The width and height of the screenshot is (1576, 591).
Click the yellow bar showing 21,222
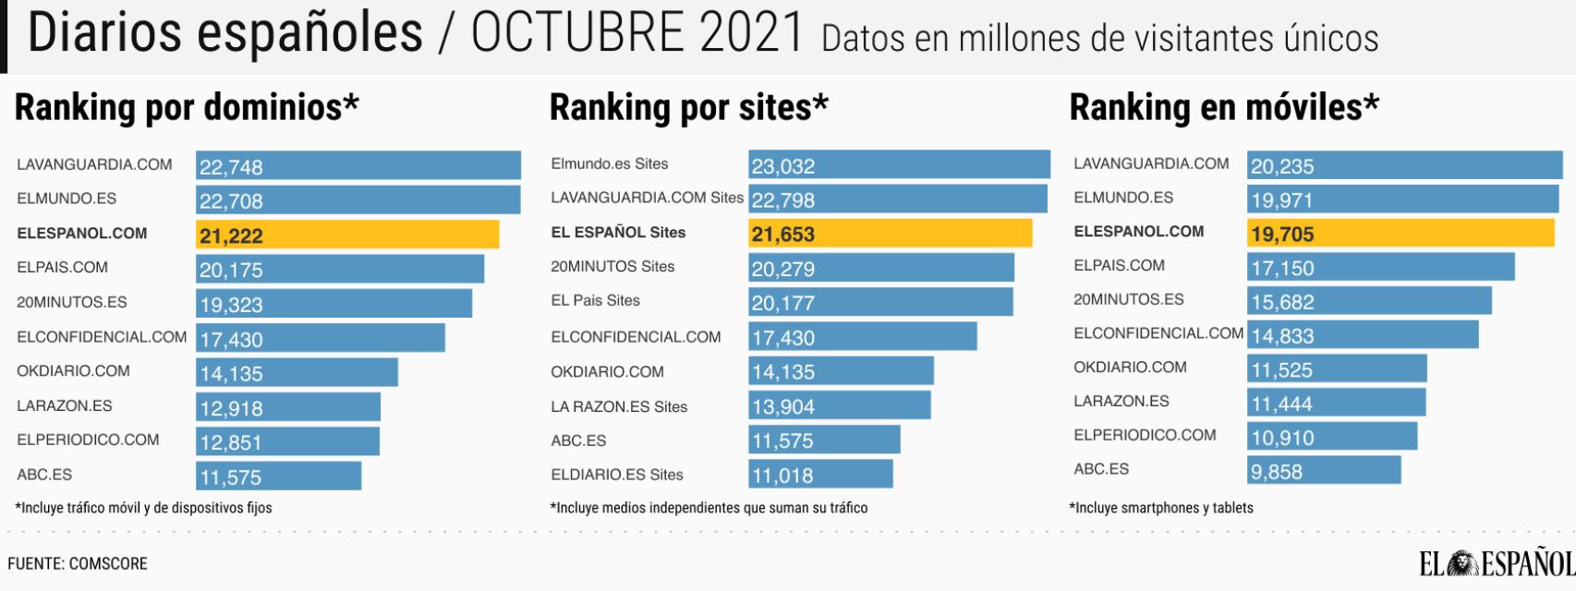347,235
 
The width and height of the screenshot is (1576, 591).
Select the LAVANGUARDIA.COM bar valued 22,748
358,166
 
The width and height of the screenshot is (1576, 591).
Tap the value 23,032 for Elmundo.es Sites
783,166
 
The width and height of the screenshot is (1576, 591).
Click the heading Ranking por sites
688,108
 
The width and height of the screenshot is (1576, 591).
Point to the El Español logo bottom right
1497,562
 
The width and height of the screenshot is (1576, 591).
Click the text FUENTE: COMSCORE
78,563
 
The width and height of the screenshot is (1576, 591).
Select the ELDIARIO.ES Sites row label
617,475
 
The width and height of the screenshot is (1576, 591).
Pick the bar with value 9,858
1324,470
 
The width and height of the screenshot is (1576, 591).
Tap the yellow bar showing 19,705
1400,234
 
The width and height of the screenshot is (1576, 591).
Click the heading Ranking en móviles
1223,108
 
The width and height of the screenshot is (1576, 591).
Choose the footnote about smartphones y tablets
1161,508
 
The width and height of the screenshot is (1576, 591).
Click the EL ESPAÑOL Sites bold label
618,233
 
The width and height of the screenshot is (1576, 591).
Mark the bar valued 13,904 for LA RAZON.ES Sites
839,405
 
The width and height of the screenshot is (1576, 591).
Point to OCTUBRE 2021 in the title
637,33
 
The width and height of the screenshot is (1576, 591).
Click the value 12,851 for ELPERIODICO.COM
231,442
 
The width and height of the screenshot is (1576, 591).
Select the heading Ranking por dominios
187,108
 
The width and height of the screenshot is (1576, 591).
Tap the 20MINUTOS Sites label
612,266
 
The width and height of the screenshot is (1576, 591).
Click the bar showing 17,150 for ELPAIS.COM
1380,268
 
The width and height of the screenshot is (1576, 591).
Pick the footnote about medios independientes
709,508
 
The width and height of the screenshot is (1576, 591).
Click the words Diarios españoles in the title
224,33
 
